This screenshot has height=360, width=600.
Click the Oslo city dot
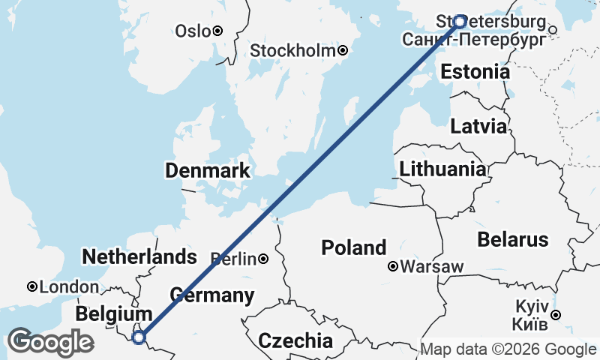[x=217, y=31]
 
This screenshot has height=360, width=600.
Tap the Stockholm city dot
[x=343, y=51]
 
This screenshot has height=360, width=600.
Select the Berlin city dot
[x=263, y=259]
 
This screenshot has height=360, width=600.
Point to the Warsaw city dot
[x=392, y=266]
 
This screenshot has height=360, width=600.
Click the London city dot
[x=32, y=286]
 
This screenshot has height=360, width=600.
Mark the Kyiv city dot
[x=556, y=315]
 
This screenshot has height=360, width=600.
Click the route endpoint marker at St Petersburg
[x=460, y=21]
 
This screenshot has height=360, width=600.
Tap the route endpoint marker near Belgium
[x=139, y=337]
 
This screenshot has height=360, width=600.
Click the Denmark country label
[x=207, y=171]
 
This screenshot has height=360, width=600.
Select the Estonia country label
[x=475, y=72]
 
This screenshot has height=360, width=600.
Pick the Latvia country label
[x=478, y=127]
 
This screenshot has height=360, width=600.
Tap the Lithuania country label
[x=442, y=169]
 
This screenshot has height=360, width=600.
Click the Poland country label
[x=354, y=247]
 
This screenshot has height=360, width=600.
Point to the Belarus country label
[x=513, y=240]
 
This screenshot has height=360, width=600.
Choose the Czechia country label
[x=295, y=340]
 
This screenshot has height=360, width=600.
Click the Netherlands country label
[x=139, y=256]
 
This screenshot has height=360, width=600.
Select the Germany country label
[x=211, y=295]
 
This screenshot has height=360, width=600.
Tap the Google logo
[x=49, y=342]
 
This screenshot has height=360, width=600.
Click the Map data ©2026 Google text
[x=508, y=349]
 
